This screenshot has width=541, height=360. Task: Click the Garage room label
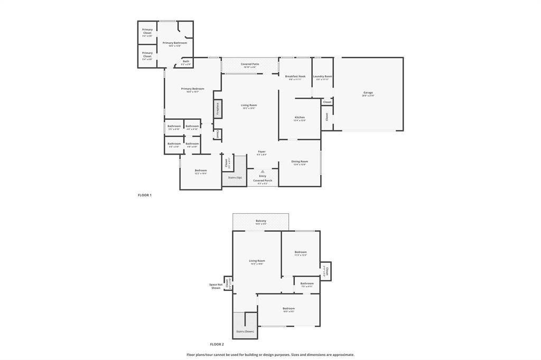coord(368,93)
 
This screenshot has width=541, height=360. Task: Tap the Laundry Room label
coord(322,77)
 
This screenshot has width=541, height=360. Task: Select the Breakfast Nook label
coord(295,77)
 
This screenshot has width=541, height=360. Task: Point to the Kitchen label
coord(300,117)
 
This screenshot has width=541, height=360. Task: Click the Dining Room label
coord(300,162)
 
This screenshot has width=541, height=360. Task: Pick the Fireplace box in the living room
coord(217,109)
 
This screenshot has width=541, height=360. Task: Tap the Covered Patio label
coord(250,64)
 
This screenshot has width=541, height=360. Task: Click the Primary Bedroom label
coord(192,89)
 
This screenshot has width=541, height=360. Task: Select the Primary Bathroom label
coord(175,43)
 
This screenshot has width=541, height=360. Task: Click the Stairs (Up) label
coord(235,177)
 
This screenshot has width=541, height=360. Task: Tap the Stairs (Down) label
coord(245,331)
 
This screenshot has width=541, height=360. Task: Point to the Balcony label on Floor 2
coord(261,221)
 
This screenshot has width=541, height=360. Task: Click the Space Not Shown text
coord(216,286)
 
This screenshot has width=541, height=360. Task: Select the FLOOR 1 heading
coord(144,195)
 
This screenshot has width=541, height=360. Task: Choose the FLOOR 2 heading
coord(217,344)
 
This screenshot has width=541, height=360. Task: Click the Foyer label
coord(262,151)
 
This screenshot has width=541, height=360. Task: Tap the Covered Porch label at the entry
coord(263,181)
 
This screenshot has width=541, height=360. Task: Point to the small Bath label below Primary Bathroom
coord(186,61)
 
